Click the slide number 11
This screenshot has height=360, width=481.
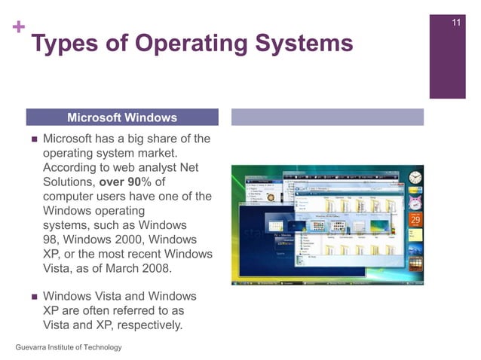coord(456,20)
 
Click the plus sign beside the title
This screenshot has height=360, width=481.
coord(17,29)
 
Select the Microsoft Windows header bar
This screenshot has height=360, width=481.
coord(122,117)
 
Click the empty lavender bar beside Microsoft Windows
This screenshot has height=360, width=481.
coord(326,117)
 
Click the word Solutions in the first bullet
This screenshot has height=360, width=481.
coord(69,182)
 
